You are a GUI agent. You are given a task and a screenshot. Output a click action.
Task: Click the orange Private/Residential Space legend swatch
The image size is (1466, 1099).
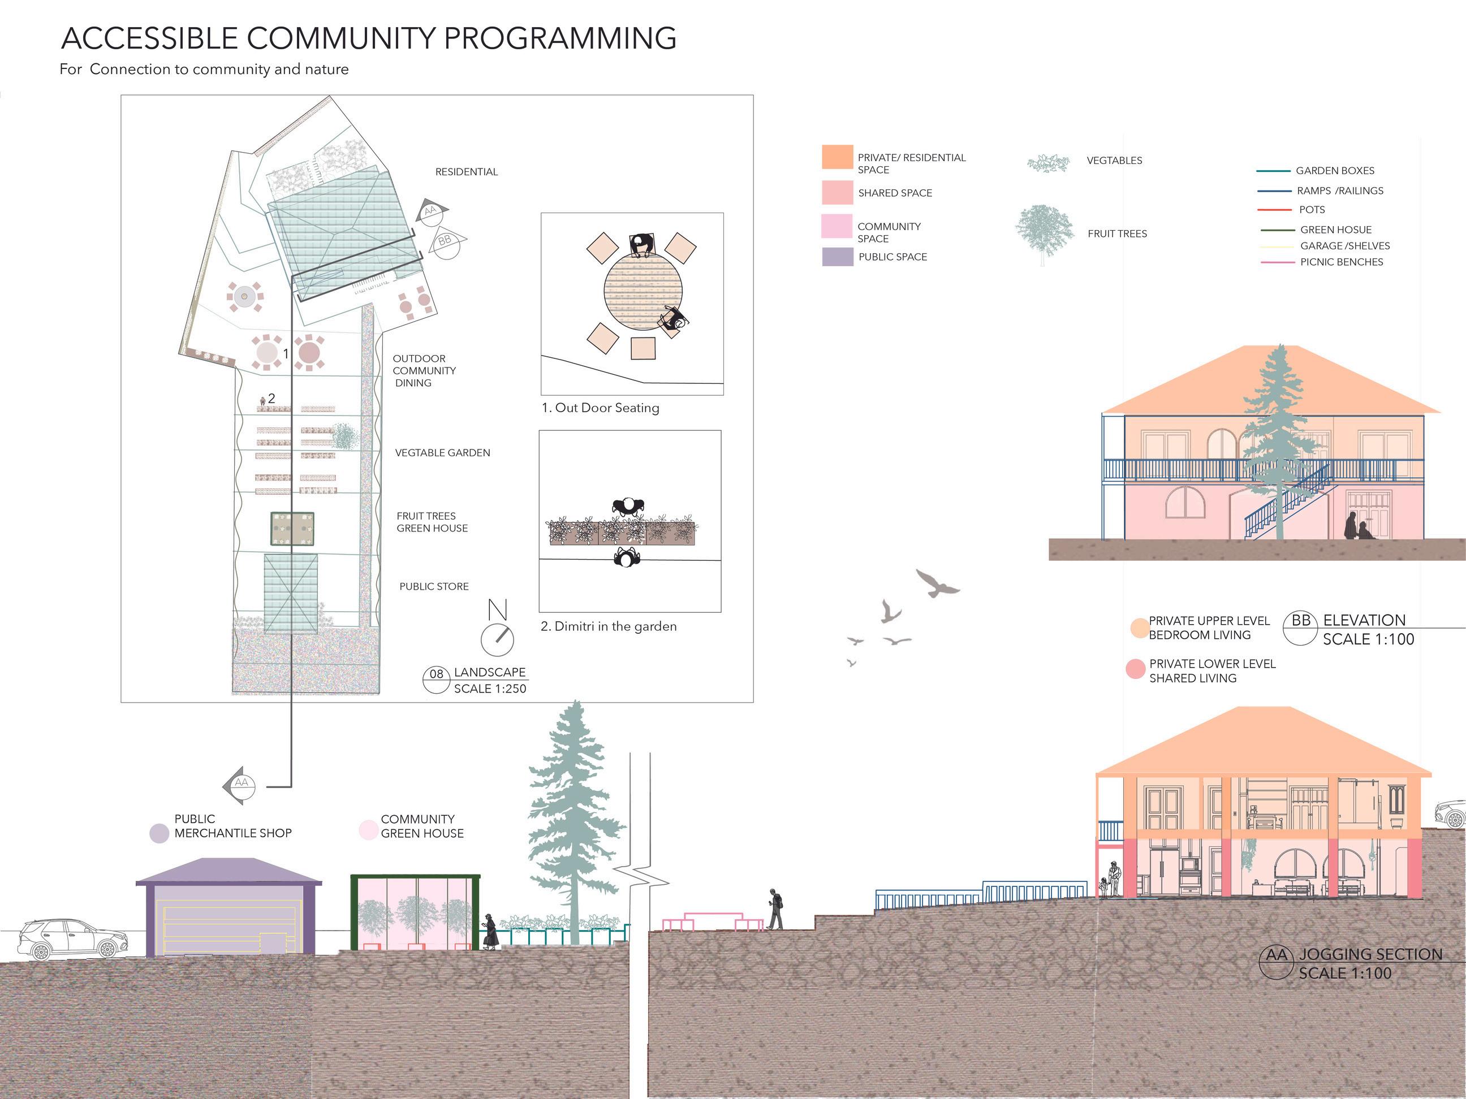[837, 157]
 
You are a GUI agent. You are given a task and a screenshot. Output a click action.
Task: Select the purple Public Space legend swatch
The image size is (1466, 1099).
[837, 256]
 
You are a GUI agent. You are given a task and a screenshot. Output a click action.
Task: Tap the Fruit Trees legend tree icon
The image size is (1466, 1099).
[1044, 233]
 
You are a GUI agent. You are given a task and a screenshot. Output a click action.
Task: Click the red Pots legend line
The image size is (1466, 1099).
[1274, 210]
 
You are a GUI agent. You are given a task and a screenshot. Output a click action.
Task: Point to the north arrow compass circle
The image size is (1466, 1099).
[497, 639]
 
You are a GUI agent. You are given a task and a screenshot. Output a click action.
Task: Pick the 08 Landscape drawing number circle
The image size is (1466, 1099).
[436, 679]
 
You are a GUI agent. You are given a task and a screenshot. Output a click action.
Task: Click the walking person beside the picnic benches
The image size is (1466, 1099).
[775, 910]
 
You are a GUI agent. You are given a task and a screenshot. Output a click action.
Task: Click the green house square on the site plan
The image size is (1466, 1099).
[292, 529]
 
